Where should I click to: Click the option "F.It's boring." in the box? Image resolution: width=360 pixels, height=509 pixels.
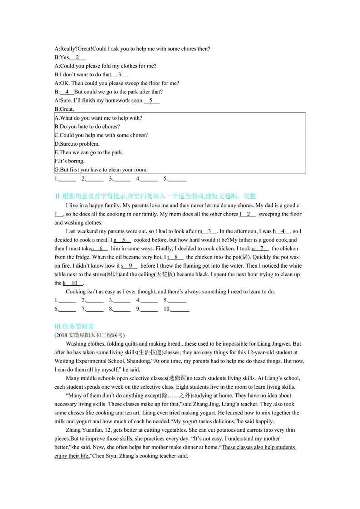pos(69,161)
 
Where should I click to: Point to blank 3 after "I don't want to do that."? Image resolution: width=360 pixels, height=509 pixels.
pos(120,75)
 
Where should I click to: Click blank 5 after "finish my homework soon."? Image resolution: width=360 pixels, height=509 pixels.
pos(151,101)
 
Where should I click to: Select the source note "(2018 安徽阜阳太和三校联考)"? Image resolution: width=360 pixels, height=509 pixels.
pos(88,335)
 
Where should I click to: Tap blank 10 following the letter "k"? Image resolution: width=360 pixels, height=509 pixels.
pos(74,283)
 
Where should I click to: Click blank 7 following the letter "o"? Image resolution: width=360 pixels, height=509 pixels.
pos(262,249)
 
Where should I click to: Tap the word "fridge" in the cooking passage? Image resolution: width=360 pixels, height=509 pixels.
pos(79,257)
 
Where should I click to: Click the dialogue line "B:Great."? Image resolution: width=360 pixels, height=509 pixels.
pos(64,109)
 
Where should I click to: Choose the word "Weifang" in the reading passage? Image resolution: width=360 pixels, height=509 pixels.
pos(63,361)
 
